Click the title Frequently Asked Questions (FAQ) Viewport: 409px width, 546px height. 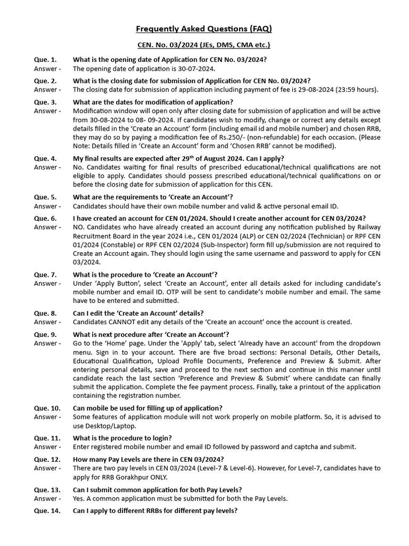coord(204,29)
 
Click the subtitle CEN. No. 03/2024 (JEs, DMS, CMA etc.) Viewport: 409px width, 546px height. coord(204,45)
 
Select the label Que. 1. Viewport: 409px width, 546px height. coord(45,60)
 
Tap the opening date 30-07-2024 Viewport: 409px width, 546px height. coord(197,69)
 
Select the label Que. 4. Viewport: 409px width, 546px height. coord(45,158)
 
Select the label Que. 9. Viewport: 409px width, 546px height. coord(45,334)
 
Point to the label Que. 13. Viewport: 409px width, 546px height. coord(47,489)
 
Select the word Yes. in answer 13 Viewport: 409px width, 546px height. coord(79,499)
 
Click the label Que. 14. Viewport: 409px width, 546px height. coord(47,511)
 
